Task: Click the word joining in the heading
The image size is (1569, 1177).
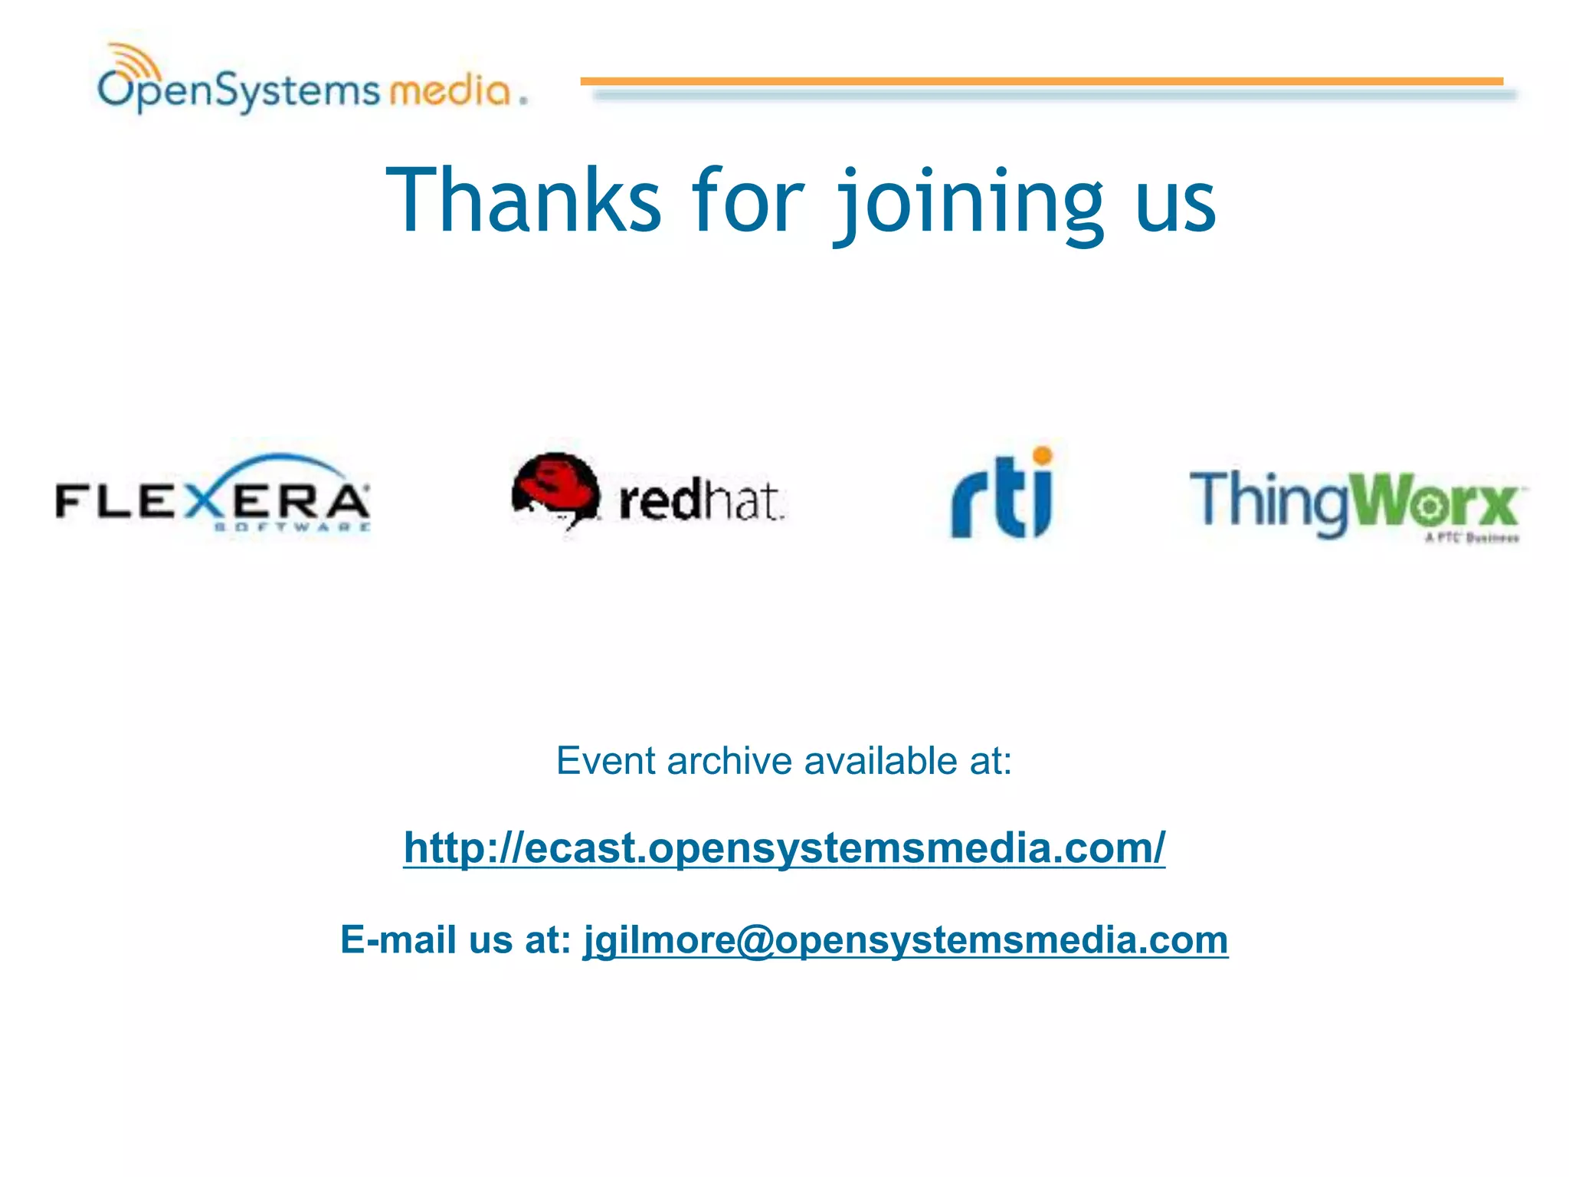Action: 968,202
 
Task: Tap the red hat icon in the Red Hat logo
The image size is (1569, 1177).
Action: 555,490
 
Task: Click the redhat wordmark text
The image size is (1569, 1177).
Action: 700,501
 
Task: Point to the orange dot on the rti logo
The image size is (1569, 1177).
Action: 1043,457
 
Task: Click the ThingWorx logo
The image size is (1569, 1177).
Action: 1356,503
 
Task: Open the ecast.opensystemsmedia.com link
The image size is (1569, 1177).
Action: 784,848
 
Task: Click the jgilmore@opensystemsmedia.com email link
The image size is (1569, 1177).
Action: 906,939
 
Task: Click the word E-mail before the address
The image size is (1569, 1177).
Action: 397,939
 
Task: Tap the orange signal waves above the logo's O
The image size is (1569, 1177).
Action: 135,60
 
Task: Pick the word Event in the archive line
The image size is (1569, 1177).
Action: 606,761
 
